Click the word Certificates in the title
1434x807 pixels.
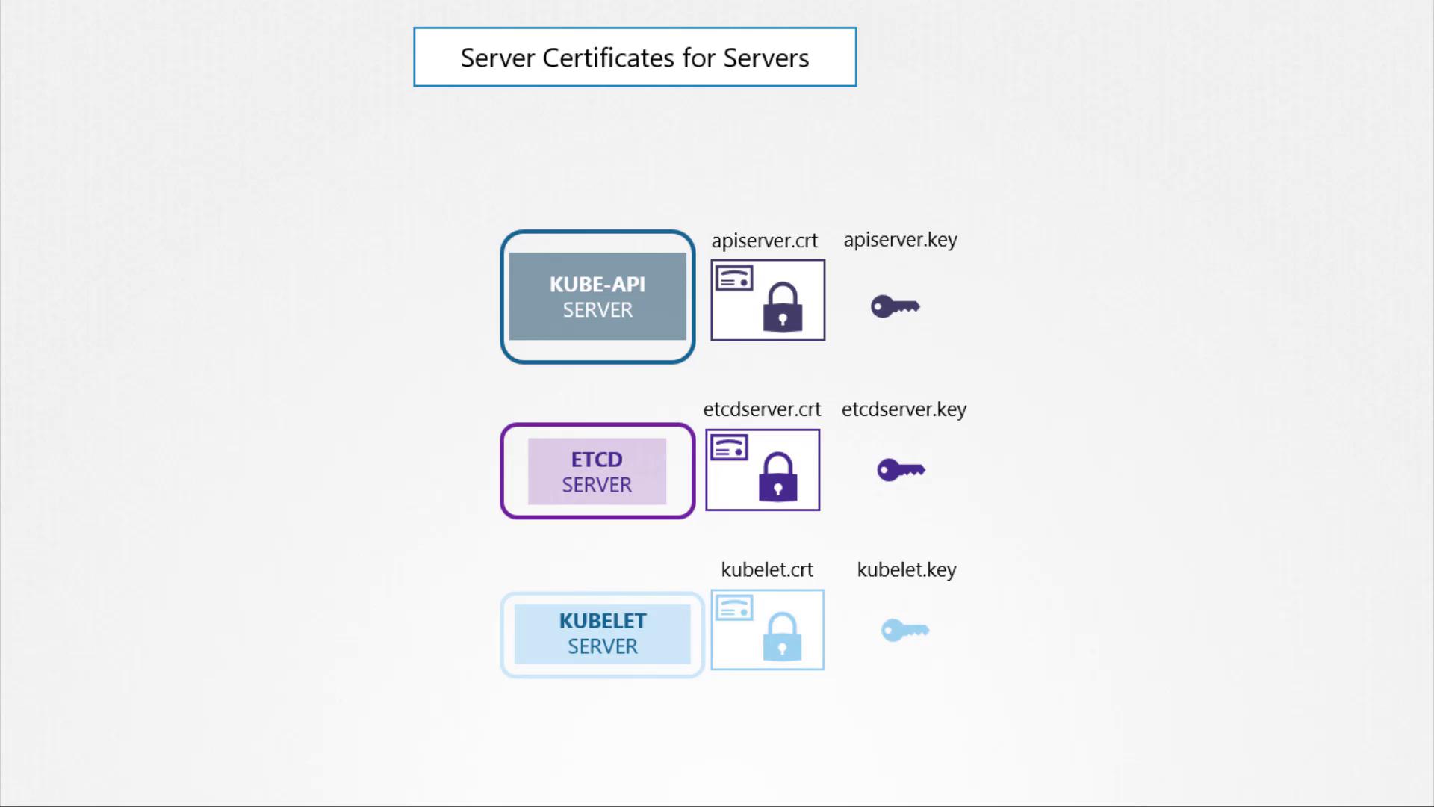coord(609,58)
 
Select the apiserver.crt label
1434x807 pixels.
coord(764,241)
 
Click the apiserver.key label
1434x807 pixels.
coord(900,240)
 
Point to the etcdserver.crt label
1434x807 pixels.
coord(762,409)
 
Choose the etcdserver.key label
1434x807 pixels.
coord(904,409)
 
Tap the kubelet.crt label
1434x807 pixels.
coord(767,569)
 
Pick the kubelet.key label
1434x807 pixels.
coord(907,569)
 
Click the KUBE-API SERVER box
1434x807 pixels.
coord(597,297)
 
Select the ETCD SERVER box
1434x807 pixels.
coord(597,471)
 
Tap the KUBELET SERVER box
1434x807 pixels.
coord(602,634)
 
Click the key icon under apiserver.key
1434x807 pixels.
coord(895,306)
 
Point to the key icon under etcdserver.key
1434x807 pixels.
coord(901,470)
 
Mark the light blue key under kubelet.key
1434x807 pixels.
coord(905,630)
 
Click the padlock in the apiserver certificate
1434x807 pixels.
coord(783,307)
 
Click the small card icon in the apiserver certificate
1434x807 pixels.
coord(734,279)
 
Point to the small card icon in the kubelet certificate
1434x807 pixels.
coord(734,608)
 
